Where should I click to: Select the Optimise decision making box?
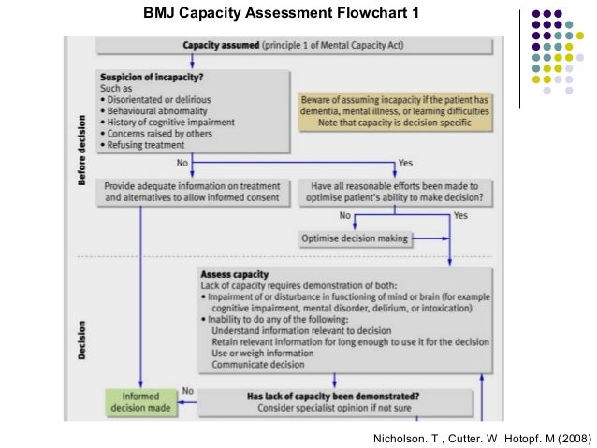point(355,238)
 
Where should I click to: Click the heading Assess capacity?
point(234,275)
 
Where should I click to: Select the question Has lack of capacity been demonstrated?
point(332,396)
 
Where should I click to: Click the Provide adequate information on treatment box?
point(191,192)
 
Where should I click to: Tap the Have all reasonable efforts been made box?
point(391,192)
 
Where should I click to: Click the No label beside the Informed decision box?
point(187,391)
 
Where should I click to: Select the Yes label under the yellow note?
point(404,163)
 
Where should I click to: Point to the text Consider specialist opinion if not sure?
point(333,408)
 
